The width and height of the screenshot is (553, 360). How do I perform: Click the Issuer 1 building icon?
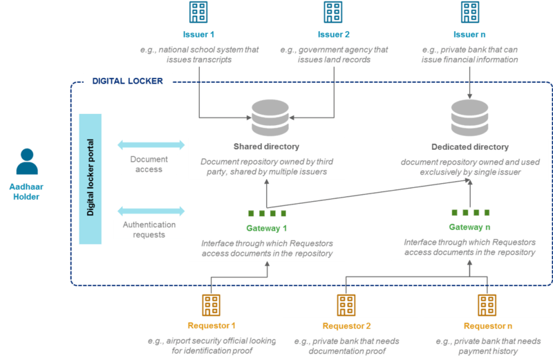click(x=198, y=12)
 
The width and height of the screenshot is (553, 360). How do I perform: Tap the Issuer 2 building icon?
click(x=333, y=12)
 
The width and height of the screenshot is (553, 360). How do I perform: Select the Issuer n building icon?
click(x=470, y=12)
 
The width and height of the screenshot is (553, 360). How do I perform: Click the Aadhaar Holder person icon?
click(x=27, y=162)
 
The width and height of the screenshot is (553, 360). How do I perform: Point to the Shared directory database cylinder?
click(x=270, y=117)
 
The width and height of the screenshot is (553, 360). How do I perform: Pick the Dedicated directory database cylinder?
click(x=470, y=117)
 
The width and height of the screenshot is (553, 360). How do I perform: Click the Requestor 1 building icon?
click(x=211, y=305)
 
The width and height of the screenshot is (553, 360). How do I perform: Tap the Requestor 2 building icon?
click(x=346, y=305)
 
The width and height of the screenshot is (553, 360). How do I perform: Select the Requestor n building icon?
click(x=487, y=305)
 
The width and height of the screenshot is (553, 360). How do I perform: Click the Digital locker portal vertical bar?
click(x=91, y=179)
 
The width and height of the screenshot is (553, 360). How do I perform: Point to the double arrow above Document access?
click(x=151, y=144)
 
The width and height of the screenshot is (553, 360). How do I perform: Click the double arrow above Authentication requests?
click(x=151, y=211)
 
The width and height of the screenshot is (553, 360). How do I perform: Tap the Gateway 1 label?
click(x=267, y=228)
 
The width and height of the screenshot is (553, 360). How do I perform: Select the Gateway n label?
click(x=469, y=227)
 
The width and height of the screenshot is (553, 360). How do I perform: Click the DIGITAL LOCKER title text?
click(x=128, y=81)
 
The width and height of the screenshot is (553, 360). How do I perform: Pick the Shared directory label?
click(x=266, y=146)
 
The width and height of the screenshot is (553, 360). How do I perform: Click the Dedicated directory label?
click(x=470, y=146)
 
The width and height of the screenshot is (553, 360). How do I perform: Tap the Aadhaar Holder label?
click(x=26, y=191)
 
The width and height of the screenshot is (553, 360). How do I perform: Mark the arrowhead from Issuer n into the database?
click(x=470, y=96)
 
